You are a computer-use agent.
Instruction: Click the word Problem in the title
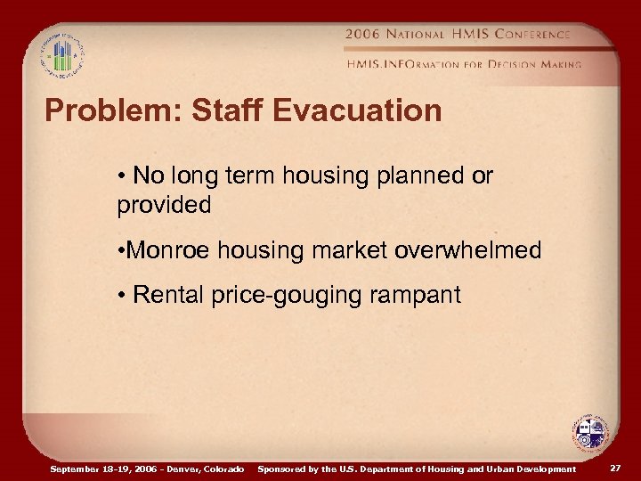point(99,111)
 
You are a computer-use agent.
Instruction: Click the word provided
point(164,205)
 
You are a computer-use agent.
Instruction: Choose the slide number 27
point(616,468)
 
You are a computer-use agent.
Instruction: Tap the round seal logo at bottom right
point(589,432)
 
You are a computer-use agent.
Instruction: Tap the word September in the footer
point(75,469)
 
